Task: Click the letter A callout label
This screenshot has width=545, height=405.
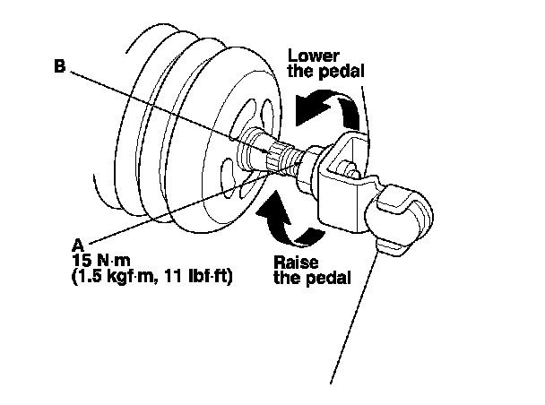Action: click(78, 243)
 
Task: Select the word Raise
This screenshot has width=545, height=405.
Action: click(289, 261)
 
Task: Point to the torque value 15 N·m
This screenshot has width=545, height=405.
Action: click(98, 259)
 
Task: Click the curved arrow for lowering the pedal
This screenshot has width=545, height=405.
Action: click(332, 107)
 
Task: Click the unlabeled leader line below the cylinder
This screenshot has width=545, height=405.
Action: click(359, 314)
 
